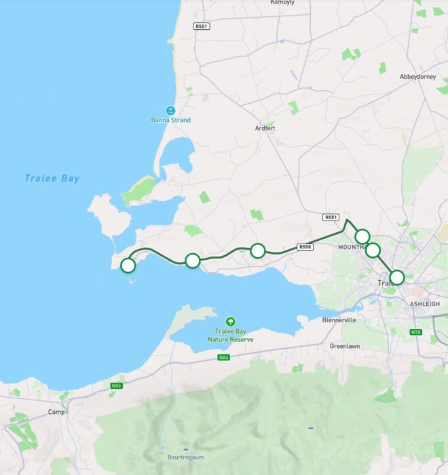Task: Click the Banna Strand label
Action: click(170, 121)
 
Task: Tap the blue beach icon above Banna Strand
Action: click(171, 110)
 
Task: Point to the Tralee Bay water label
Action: click(52, 178)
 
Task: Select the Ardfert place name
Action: click(265, 128)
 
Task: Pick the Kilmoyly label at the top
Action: click(282, 3)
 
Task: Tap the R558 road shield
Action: click(305, 247)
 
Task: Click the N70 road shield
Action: click(416, 332)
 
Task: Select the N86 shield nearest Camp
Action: click(115, 386)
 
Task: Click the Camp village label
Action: click(56, 412)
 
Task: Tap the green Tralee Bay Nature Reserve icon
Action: click(231, 321)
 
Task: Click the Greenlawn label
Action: click(345, 345)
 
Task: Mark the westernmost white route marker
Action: click(128, 265)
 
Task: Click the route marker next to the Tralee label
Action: click(397, 277)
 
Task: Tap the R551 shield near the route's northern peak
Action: click(331, 217)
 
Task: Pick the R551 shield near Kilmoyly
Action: click(202, 26)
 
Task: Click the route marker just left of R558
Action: click(257, 250)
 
